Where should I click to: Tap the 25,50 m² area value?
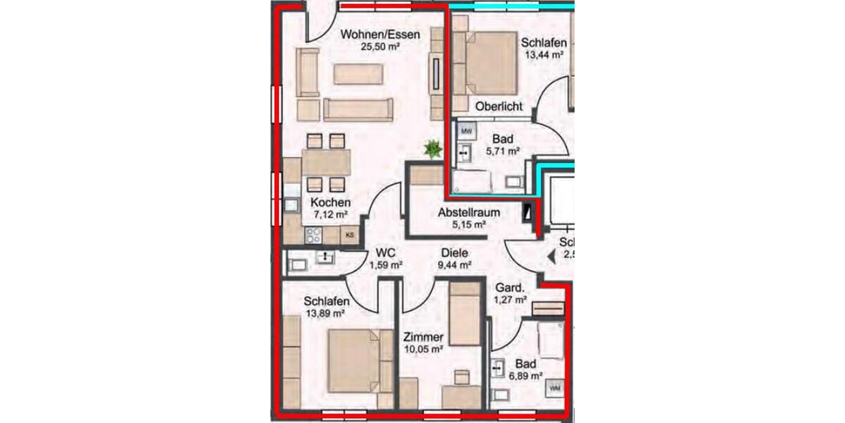380,47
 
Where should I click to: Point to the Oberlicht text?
499,106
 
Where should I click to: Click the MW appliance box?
465,131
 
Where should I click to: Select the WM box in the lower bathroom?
555,388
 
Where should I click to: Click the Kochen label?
330,203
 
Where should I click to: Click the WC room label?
384,252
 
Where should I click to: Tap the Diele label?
455,252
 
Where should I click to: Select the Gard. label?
511,288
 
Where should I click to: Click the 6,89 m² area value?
526,376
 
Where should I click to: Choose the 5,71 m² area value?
503,151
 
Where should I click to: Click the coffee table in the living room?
358,74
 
